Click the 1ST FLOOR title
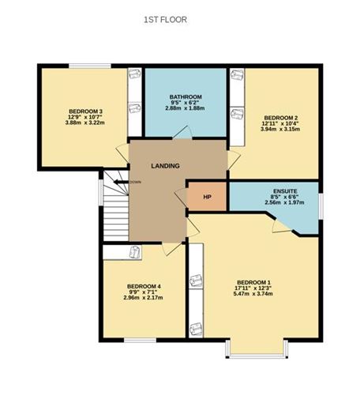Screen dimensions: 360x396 (x=165, y=20)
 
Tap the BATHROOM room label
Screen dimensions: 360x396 (x=186, y=97)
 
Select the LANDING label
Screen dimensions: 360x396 (x=166, y=166)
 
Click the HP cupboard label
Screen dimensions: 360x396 (x=208, y=197)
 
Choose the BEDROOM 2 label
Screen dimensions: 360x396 (x=280, y=118)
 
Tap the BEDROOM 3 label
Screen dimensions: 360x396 (x=85, y=111)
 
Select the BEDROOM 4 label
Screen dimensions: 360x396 (x=144, y=286)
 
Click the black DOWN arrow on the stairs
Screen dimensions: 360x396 (x=121, y=182)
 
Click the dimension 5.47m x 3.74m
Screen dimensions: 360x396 (x=253, y=294)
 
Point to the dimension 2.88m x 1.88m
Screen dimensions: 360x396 (x=185, y=108)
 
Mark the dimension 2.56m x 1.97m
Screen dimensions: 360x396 (x=284, y=202)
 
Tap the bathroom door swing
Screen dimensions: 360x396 (x=183, y=132)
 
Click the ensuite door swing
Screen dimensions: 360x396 (x=281, y=226)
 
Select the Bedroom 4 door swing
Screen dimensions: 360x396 (x=172, y=248)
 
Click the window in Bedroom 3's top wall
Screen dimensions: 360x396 (x=90, y=66)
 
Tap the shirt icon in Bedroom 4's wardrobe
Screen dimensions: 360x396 (x=135, y=252)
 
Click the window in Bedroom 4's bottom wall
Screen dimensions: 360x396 (x=141, y=340)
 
